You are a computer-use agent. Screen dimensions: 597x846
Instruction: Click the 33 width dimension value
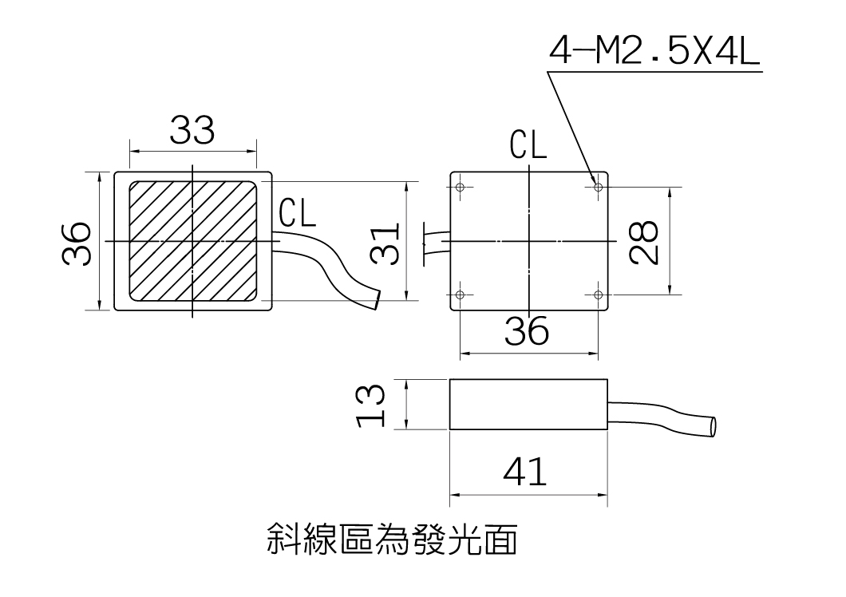coord(192,130)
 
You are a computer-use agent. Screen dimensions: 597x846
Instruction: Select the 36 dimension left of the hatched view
coord(77,242)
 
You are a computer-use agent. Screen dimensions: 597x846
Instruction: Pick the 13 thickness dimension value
coord(372,405)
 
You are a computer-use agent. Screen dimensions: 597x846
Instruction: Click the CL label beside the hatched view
coord(298,213)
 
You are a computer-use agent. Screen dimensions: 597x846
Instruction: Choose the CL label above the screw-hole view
coord(528,145)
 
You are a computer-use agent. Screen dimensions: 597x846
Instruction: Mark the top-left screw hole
coord(461,188)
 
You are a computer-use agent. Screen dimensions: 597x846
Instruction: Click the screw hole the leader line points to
coord(598,188)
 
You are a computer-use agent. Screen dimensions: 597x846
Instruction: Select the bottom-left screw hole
coord(461,295)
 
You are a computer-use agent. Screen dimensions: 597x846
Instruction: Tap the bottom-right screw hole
coord(598,295)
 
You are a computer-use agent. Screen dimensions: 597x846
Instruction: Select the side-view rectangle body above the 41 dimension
coord(528,405)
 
